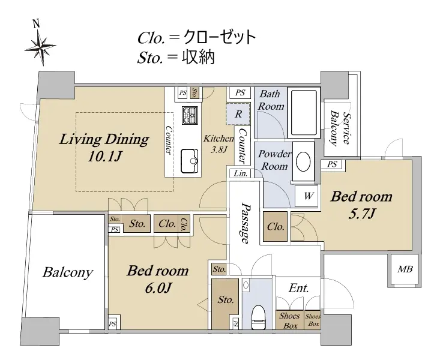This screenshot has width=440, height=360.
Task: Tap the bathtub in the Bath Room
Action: [x=304, y=113]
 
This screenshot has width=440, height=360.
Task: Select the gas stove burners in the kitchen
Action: [x=190, y=115]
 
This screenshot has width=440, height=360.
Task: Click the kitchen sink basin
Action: [x=190, y=161]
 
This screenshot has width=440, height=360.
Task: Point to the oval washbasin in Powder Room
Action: [x=303, y=161]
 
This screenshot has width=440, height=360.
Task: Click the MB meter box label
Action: [x=405, y=269]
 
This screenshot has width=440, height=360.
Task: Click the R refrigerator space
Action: [x=238, y=114]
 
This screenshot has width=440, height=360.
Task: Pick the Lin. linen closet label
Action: [x=241, y=173]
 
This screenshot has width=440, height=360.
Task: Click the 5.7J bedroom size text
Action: [x=361, y=214]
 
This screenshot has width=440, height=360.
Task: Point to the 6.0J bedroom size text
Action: [x=158, y=288]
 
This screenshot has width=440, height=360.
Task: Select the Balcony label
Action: [x=67, y=272]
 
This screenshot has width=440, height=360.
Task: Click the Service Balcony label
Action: [x=340, y=128]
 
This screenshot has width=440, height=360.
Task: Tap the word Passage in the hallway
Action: [x=245, y=223]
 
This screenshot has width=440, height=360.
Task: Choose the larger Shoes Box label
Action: [x=289, y=320]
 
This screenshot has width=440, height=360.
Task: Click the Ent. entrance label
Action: [x=298, y=288]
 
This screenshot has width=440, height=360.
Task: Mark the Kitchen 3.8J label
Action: [x=218, y=143]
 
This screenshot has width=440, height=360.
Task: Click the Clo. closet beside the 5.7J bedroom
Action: [x=276, y=227]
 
